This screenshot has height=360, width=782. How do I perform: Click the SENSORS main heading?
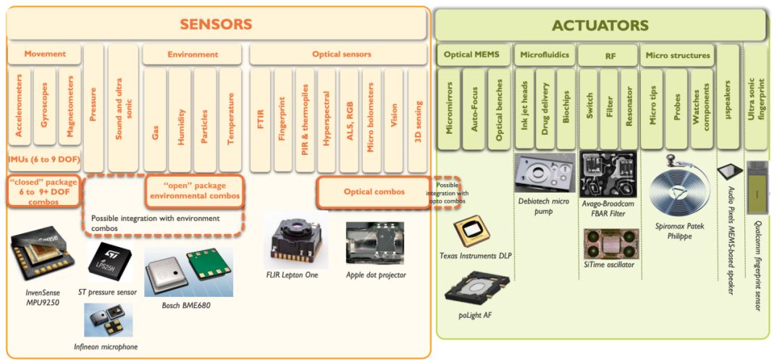(216, 24)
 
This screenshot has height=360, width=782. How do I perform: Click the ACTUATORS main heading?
(600, 26)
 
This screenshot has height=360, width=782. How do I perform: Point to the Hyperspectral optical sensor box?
(327, 120)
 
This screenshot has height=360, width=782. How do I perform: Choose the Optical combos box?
(373, 192)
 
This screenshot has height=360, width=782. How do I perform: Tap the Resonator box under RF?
(628, 109)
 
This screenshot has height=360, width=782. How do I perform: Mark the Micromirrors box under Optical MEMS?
(450, 109)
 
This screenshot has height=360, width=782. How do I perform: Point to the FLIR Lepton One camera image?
(295, 239)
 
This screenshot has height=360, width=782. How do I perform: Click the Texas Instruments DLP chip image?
(470, 232)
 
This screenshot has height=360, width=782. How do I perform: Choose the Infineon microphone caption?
(106, 346)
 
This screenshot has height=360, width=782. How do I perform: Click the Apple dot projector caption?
(376, 275)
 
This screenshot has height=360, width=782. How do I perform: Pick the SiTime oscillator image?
(609, 243)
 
